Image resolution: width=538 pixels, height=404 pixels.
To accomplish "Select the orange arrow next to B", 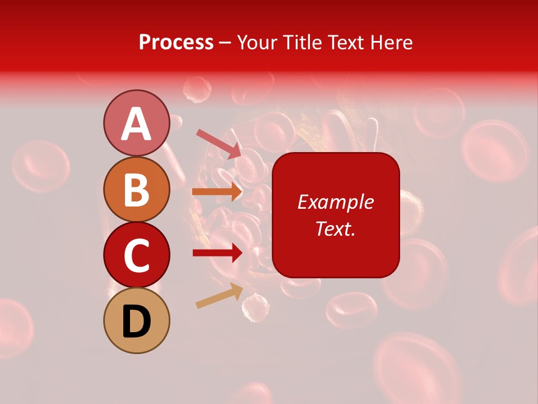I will [217, 192].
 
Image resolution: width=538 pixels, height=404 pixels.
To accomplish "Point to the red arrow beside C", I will [217, 252].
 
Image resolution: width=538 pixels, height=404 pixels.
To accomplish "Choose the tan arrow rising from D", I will [219, 296].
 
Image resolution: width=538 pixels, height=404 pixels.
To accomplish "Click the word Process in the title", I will [176, 42].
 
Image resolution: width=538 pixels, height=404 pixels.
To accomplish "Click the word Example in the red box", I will [335, 202].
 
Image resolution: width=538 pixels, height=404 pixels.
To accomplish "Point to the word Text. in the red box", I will [335, 228].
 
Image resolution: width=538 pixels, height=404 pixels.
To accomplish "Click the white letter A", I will [137, 124].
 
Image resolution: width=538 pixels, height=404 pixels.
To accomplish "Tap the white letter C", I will [137, 256].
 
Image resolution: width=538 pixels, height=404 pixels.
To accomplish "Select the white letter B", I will [137, 190].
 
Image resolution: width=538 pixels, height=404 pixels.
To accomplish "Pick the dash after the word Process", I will [225, 43].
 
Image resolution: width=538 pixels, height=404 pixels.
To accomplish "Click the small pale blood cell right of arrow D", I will [255, 307].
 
